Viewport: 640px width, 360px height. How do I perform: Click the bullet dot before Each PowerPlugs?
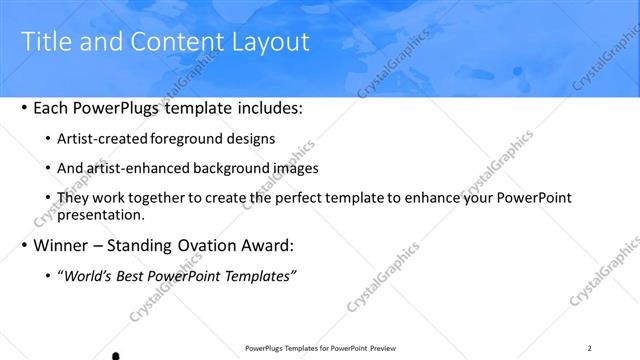[x=24, y=107]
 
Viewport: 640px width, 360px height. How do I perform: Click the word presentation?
[x=102, y=214]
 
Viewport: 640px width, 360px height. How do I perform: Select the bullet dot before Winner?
[x=24, y=245]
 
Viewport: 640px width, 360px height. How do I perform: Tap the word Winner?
[x=62, y=245]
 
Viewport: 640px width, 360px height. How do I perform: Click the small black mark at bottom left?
[x=116, y=355]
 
